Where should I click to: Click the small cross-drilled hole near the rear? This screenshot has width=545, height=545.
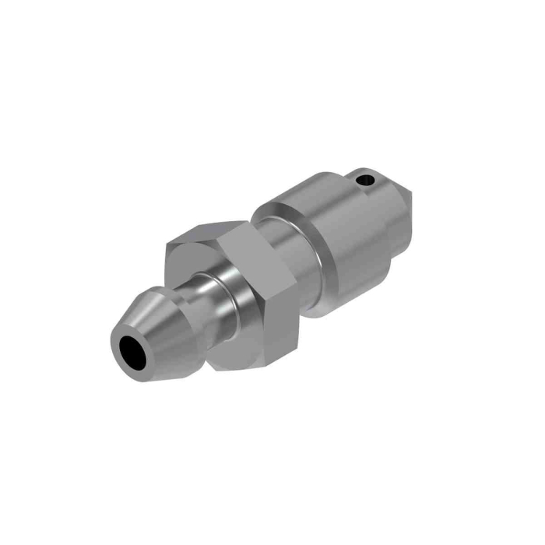(364, 181)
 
